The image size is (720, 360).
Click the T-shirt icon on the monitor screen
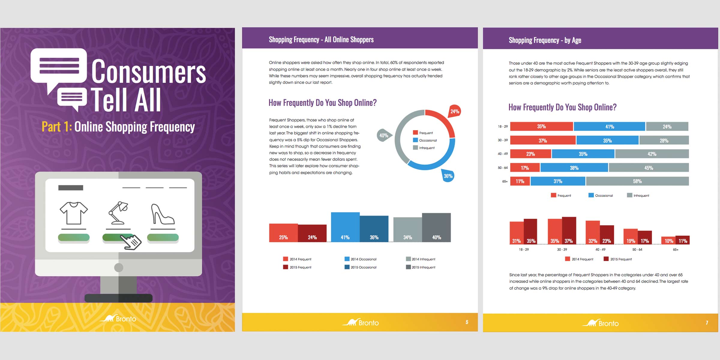tap(74, 213)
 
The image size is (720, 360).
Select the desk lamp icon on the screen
tap(118, 213)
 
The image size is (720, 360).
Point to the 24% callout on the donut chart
tap(455, 112)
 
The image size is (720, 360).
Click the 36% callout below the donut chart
tap(448, 176)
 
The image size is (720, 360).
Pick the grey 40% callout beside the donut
tap(384, 136)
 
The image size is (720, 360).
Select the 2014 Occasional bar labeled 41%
tap(345, 227)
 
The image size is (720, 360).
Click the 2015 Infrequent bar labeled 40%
tap(436, 227)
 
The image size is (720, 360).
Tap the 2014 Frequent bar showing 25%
tap(283, 233)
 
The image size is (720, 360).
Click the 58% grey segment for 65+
tap(637, 181)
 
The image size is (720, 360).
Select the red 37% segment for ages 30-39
tap(543, 140)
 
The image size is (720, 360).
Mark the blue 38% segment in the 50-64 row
tap(574, 168)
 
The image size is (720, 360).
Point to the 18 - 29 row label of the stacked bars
tap(503, 127)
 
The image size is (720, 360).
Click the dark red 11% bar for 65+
tap(682, 240)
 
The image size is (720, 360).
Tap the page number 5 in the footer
tap(467, 322)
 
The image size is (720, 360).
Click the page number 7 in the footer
tap(707, 323)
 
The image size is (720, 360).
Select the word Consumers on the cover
tap(148, 71)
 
